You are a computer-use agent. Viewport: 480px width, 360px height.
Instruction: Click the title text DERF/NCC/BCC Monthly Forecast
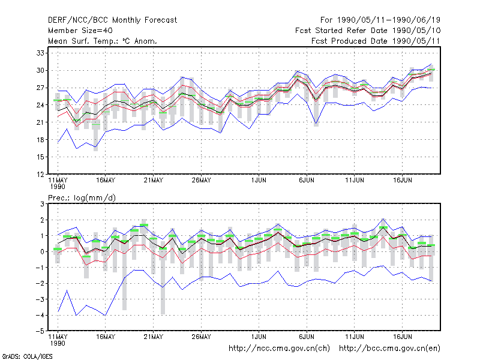click(112, 20)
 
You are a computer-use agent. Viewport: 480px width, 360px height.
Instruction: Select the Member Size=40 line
click(80, 31)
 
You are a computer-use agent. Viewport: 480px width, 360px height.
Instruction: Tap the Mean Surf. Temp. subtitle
click(103, 41)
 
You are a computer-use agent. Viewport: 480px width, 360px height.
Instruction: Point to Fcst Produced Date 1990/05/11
click(376, 41)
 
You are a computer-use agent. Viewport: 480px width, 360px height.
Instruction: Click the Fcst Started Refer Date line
click(368, 31)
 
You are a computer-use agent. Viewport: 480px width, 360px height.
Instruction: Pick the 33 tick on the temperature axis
click(40, 53)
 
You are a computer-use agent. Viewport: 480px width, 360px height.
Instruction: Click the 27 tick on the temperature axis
click(40, 88)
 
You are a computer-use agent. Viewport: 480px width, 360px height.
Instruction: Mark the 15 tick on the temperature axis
click(40, 157)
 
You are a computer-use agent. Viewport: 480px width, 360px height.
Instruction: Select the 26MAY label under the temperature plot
click(202, 181)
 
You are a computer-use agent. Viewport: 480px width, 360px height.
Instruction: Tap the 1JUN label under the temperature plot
click(259, 181)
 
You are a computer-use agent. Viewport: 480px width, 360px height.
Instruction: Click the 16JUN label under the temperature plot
click(403, 181)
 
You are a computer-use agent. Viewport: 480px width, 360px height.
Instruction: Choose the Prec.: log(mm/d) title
click(82, 198)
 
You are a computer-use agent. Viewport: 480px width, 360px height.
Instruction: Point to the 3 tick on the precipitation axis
click(42, 204)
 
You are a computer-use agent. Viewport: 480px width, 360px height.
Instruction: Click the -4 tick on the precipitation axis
click(40, 316)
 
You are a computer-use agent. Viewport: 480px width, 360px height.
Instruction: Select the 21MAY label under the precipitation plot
click(154, 337)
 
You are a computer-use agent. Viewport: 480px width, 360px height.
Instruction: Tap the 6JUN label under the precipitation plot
click(307, 337)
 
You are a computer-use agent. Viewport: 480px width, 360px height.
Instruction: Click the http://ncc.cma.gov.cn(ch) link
click(279, 349)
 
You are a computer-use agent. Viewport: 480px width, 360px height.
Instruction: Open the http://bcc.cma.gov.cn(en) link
click(389, 349)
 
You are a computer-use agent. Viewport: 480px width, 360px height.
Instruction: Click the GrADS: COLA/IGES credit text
click(28, 356)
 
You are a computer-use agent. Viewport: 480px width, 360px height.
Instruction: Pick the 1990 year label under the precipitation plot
click(58, 343)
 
